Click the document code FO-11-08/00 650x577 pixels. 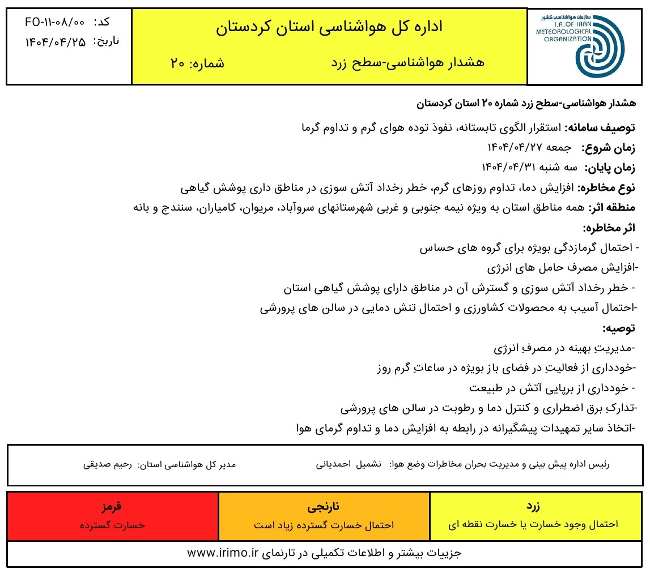(55, 23)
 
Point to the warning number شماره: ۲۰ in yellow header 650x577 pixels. (197, 63)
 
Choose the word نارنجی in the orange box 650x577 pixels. (324, 506)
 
